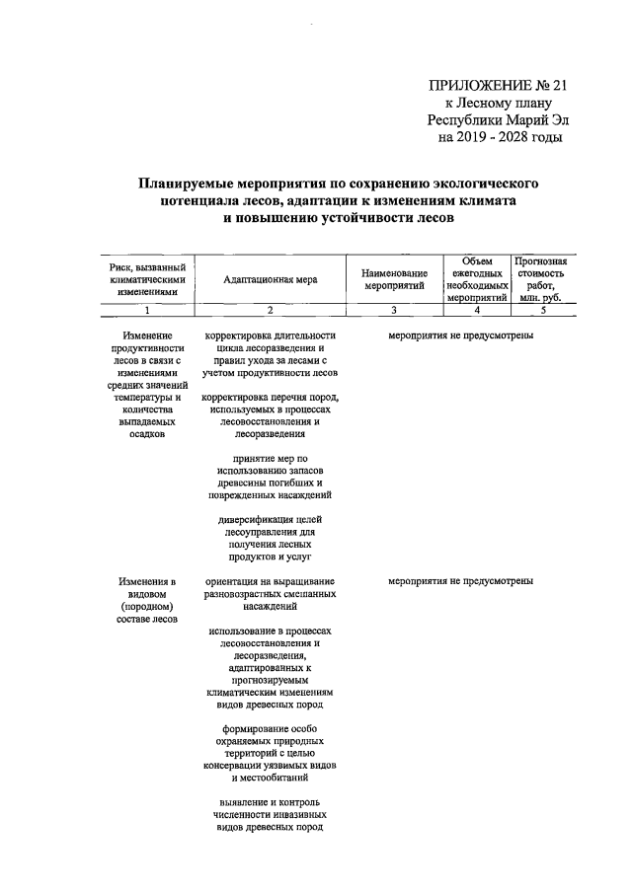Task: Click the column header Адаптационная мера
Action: tap(271, 279)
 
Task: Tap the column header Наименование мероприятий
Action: tap(393, 279)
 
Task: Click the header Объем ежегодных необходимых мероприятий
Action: tap(477, 279)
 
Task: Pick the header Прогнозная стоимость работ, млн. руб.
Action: tap(540, 279)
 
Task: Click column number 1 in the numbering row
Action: tap(147, 311)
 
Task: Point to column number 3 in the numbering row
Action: tap(393, 311)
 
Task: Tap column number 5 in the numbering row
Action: tap(540, 311)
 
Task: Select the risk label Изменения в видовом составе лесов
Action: tap(147, 601)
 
